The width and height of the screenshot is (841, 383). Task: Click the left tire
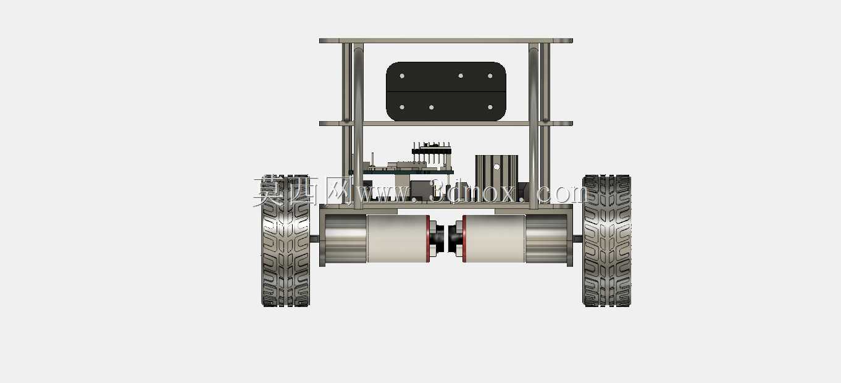coord(285,241)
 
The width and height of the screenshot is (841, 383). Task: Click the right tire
coord(607,241)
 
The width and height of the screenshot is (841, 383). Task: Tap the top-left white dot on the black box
coord(402,76)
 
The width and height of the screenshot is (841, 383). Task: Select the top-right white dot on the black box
coord(490,76)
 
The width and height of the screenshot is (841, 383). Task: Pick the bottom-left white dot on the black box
coord(402,107)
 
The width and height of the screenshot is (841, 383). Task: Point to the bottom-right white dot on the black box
coord(490,107)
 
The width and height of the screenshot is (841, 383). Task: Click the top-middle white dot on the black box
coord(461,76)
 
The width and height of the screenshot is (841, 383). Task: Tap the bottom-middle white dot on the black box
coord(432,107)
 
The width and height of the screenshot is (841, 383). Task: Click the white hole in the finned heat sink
coord(496,167)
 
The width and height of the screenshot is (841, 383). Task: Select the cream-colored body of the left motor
coord(396,238)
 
